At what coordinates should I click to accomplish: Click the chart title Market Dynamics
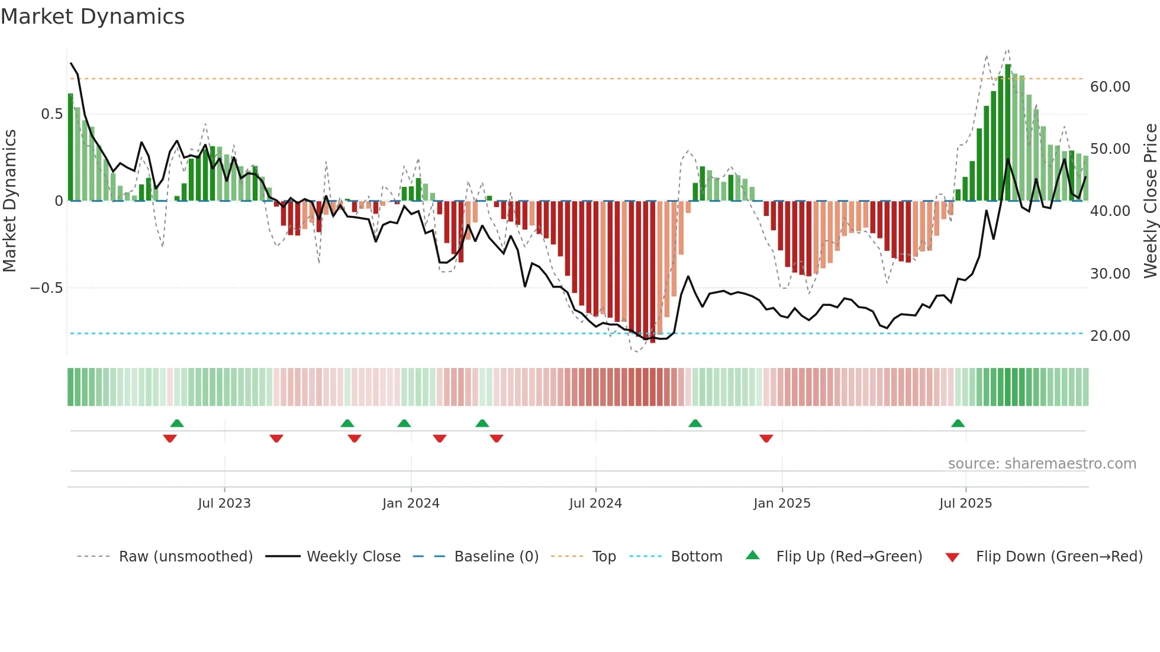(92, 17)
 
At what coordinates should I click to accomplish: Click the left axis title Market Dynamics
(10, 201)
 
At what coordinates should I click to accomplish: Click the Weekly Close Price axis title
(1150, 201)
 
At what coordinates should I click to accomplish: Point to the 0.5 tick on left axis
(52, 114)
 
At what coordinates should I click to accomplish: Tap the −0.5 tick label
(47, 288)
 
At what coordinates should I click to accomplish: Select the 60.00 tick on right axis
(1110, 87)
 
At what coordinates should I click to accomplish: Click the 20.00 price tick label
(1110, 336)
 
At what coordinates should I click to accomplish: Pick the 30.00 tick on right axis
(1110, 274)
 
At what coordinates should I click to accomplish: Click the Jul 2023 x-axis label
(224, 503)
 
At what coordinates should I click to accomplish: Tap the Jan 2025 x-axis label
(782, 503)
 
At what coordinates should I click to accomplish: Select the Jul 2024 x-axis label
(595, 503)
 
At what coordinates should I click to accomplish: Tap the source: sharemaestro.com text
(1042, 464)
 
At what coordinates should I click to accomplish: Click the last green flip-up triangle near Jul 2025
(958, 424)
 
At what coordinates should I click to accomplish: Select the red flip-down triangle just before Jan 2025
(766, 438)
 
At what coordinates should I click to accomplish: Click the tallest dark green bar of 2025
(1008, 133)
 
